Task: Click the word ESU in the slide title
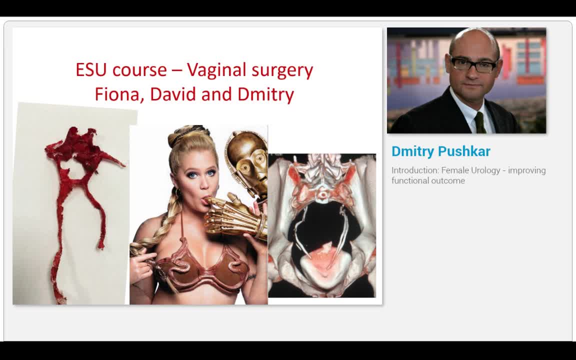pyautogui.click(x=92, y=69)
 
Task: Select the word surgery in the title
pyautogui.click(x=282, y=70)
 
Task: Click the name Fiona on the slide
pyautogui.click(x=117, y=94)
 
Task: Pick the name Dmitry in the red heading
pyautogui.click(x=265, y=94)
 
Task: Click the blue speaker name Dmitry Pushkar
pyautogui.click(x=440, y=151)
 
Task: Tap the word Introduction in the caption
pyautogui.click(x=414, y=170)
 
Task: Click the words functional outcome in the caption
pyautogui.click(x=428, y=181)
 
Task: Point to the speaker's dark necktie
pyautogui.click(x=480, y=122)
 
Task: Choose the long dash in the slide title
pyautogui.click(x=177, y=70)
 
